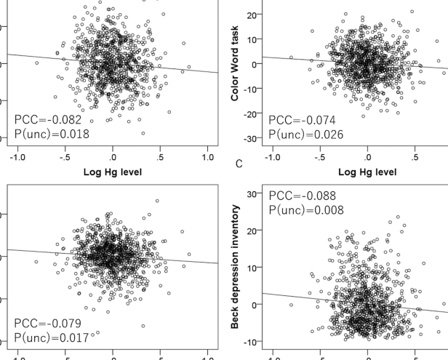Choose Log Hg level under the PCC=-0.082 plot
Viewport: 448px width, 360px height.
(x=112, y=173)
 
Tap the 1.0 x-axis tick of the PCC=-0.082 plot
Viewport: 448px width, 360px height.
(x=207, y=157)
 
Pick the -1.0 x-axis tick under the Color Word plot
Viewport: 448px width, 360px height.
(x=271, y=157)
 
